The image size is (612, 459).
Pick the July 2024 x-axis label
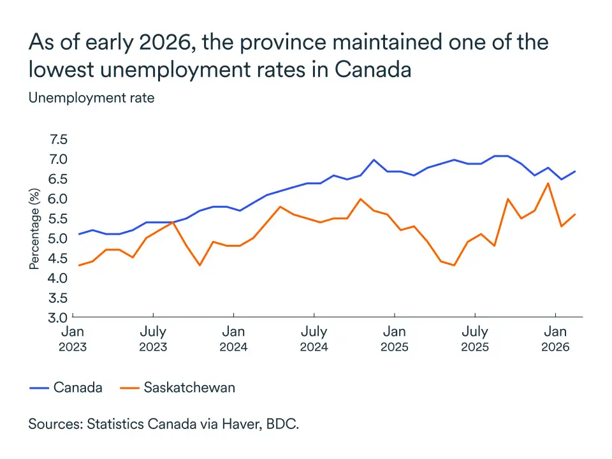tap(314, 339)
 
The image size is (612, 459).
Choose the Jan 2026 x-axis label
tap(555, 339)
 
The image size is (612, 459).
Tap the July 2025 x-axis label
tap(474, 339)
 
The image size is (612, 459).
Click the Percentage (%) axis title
tap(35, 228)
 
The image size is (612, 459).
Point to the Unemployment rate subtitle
tap(91, 98)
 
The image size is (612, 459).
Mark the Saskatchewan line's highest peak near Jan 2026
tap(548, 183)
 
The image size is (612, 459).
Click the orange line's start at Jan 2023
tap(79, 265)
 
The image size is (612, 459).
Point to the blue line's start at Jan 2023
tap(79, 234)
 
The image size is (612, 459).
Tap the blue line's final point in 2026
tap(576, 171)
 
